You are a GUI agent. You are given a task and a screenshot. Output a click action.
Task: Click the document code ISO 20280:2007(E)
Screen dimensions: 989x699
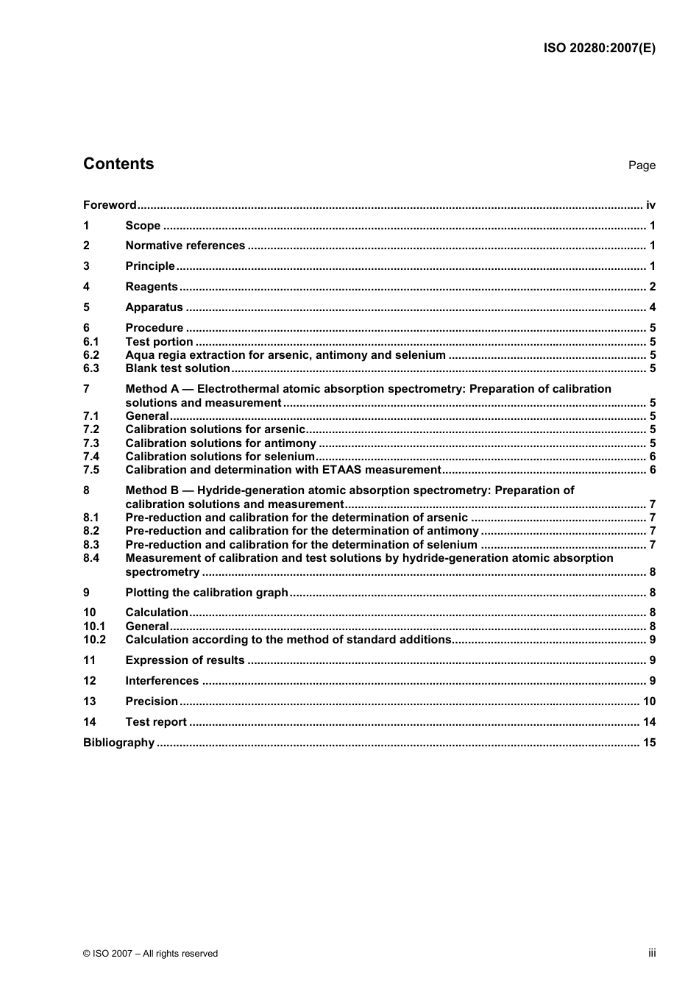(599, 49)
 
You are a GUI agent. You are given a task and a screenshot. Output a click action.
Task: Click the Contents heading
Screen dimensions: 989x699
(118, 164)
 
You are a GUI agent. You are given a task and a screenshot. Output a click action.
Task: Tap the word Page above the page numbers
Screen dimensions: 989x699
(642, 165)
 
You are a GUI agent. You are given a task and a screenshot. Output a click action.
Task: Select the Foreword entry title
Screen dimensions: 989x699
(110, 205)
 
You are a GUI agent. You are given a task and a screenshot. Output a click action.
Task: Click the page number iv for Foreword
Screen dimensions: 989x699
(650, 205)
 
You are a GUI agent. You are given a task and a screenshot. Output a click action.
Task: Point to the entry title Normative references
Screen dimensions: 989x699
(185, 246)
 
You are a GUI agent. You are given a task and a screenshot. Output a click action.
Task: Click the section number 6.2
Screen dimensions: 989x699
(91, 355)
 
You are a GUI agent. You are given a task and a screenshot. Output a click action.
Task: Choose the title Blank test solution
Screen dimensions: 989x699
(177, 368)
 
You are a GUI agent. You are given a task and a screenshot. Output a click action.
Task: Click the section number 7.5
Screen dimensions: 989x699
(91, 470)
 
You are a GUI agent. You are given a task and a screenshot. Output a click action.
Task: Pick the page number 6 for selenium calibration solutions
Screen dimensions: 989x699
(652, 457)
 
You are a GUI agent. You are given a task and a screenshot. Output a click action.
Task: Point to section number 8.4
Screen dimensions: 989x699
(91, 558)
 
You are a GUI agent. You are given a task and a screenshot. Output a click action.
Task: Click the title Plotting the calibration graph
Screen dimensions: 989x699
(207, 593)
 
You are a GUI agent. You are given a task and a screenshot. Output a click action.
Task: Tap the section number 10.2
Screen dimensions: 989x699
(94, 640)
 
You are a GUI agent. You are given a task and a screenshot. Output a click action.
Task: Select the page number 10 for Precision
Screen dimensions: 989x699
(649, 701)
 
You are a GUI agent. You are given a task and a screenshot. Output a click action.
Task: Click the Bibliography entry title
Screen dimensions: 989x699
(119, 743)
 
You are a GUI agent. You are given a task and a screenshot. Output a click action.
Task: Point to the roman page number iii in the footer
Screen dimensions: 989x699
(652, 953)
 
